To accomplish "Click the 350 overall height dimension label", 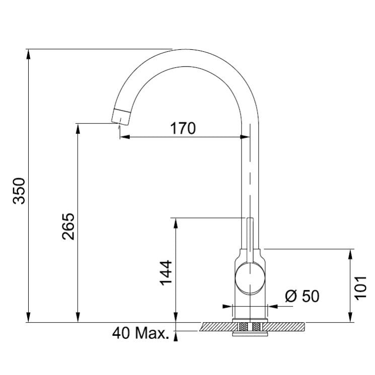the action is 19,191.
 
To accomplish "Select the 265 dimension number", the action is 68,227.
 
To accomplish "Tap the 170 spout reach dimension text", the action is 183,128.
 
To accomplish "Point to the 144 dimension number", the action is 166,273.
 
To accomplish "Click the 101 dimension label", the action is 360,288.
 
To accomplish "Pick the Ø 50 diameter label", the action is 303,296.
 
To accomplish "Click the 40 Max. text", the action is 140,333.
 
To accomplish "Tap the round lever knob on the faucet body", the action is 250,278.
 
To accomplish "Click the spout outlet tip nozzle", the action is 121,117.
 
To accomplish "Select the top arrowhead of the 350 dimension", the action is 29,54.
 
